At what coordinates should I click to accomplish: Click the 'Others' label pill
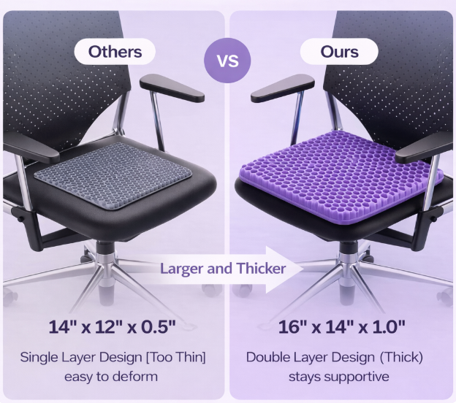115,52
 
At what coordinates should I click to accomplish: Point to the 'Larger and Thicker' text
223,269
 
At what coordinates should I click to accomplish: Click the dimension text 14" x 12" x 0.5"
113,326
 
